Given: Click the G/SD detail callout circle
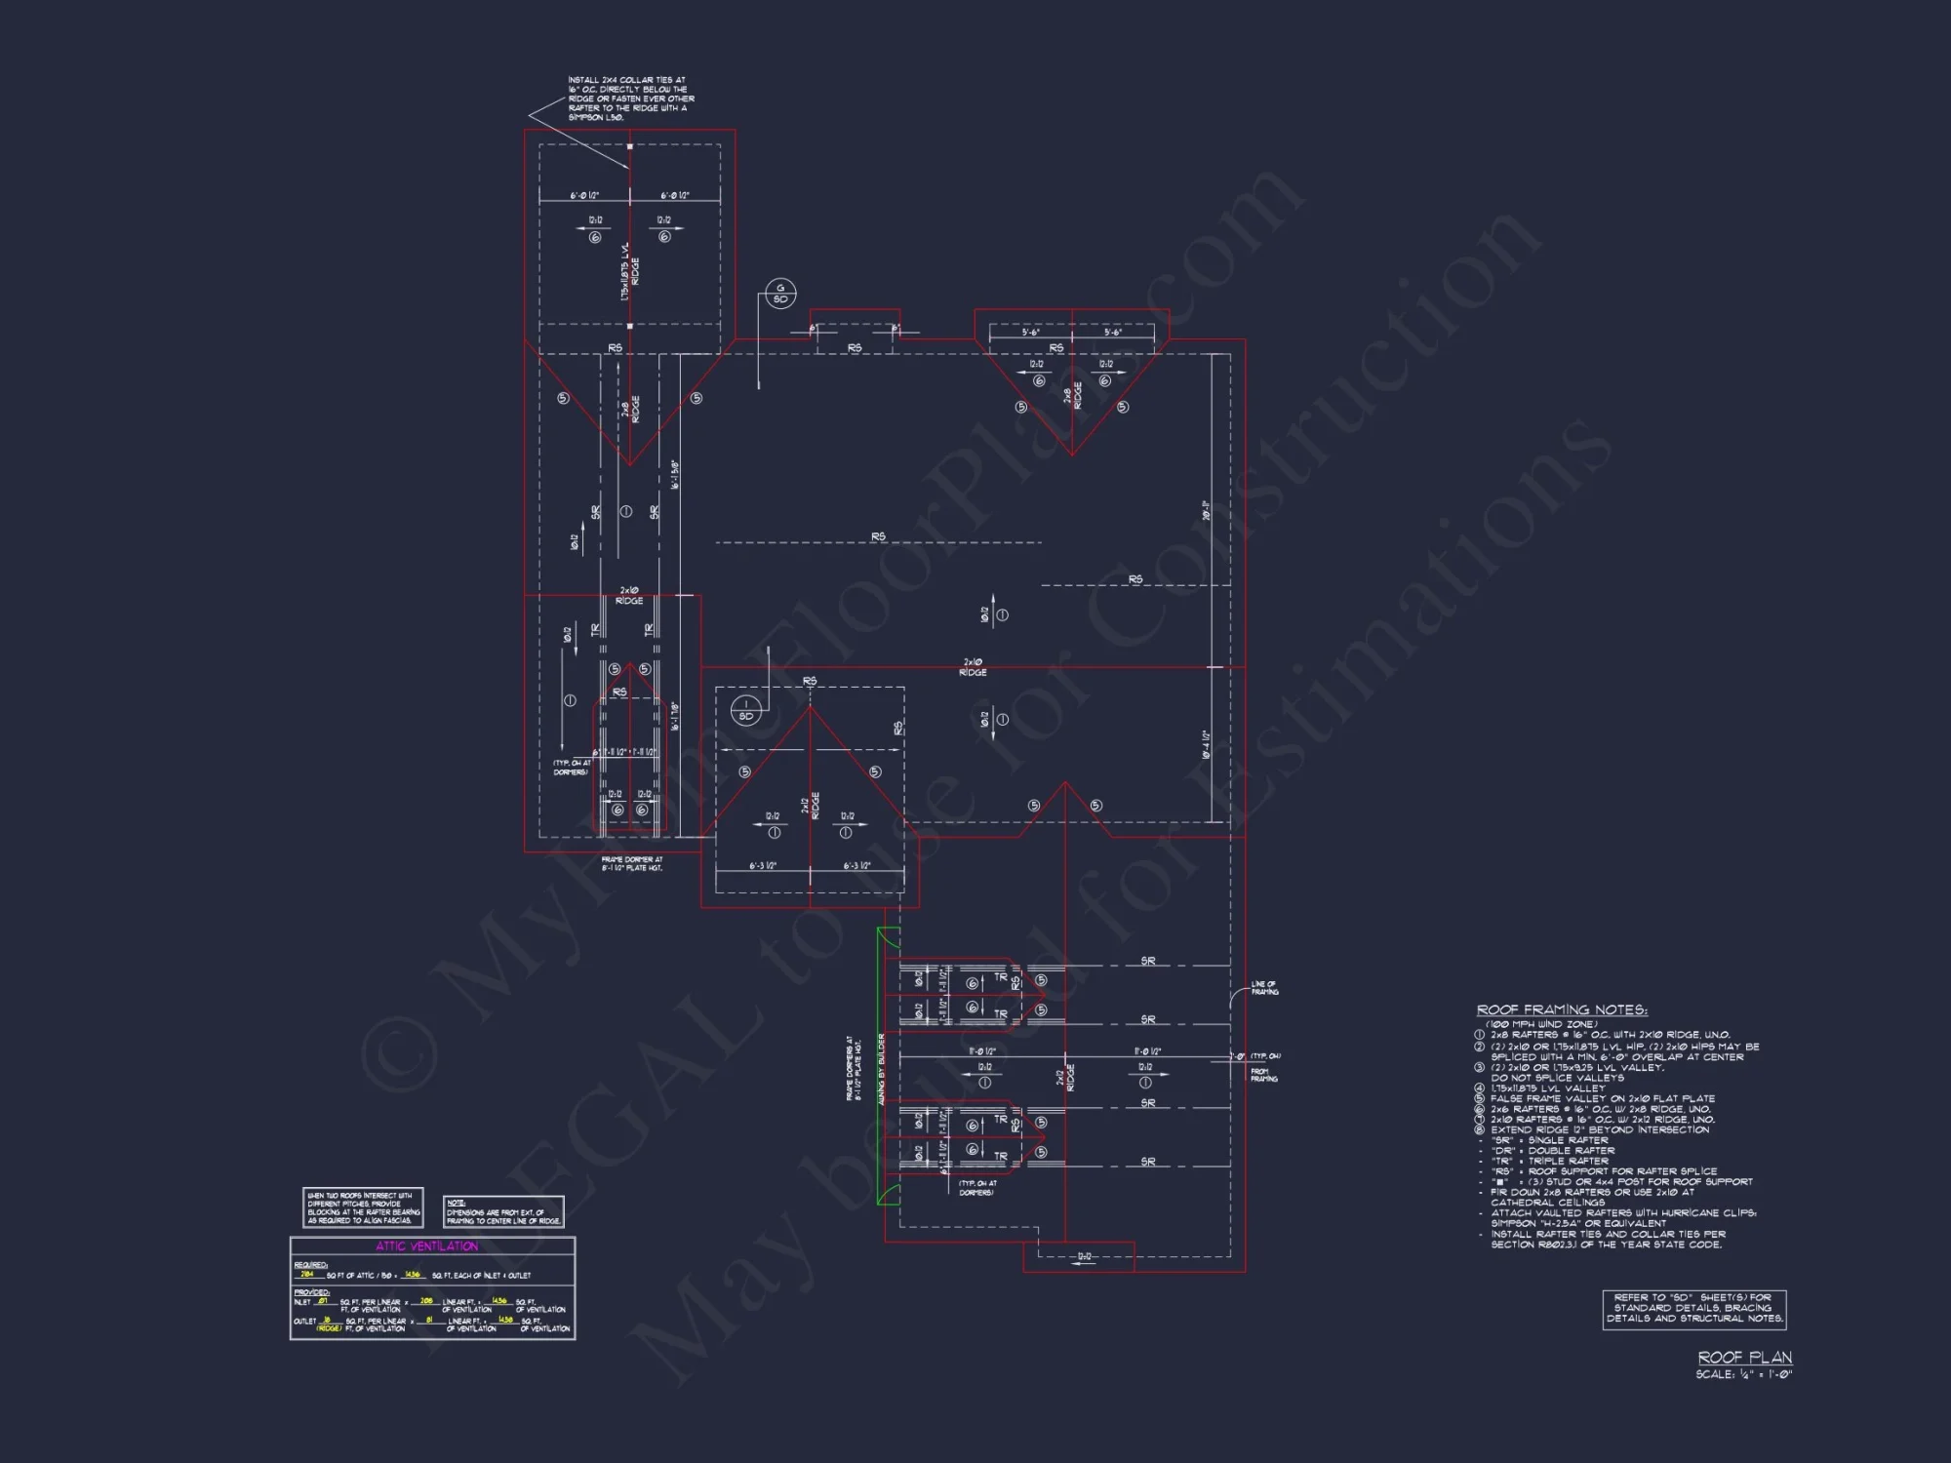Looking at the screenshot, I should point(780,294).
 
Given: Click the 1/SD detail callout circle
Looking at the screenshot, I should point(745,711).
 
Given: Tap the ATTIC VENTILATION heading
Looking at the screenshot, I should point(427,1246).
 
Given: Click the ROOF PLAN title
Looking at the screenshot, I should point(1744,1358).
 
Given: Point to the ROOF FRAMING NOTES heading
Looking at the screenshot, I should point(1561,1010).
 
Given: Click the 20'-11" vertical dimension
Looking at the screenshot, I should point(1207,510).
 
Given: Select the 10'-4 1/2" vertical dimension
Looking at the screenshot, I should point(1207,744).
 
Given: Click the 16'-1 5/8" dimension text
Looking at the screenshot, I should point(675,475).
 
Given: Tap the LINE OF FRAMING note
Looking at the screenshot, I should point(1264,988).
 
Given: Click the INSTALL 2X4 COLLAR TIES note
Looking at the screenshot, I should point(630,99).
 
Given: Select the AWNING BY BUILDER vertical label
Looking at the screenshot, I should point(882,1069).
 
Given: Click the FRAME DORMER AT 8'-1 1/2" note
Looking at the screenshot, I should point(632,864).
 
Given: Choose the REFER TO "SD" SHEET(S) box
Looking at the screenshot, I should point(1693,1308).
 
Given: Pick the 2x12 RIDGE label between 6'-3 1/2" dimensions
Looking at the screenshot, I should point(811,806).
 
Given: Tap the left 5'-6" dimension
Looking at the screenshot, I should point(1031,333).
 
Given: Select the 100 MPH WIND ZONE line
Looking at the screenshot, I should point(1541,1024).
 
